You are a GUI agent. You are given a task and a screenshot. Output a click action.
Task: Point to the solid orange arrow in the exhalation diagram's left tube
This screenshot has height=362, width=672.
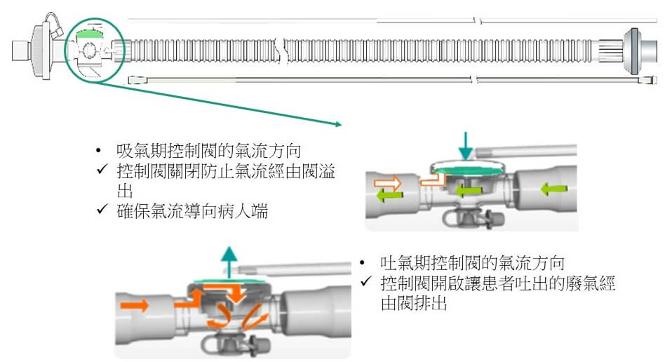[135, 305]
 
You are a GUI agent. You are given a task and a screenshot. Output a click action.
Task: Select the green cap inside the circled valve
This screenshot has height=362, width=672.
[88, 32]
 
